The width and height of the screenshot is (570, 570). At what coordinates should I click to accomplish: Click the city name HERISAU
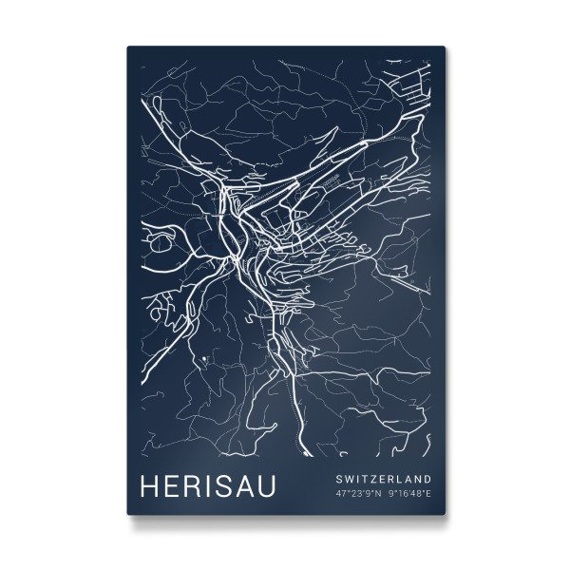coord(207,485)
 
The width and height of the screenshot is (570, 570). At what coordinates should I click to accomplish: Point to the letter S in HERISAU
coord(216,485)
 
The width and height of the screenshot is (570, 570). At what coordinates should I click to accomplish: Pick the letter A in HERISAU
coord(238,485)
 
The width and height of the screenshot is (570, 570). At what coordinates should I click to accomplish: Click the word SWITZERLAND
coord(383,478)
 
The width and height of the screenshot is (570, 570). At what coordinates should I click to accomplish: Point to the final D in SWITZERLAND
coord(427,478)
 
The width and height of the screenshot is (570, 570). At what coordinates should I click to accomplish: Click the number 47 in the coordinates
coord(340,493)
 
